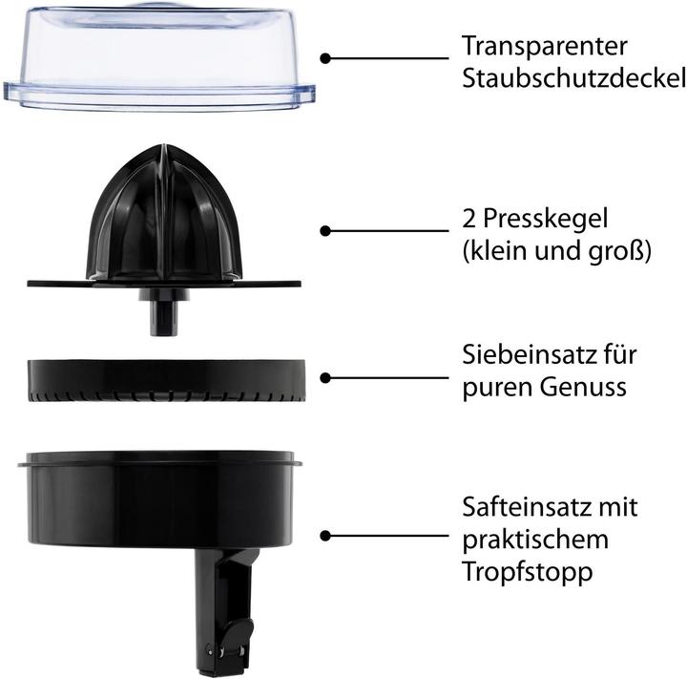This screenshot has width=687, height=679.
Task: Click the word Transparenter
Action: click(x=545, y=46)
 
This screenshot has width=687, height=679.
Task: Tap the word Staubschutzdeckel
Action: click(x=574, y=78)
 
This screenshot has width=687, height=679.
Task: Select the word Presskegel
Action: click(x=546, y=219)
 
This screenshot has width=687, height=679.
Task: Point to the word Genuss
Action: click(x=583, y=388)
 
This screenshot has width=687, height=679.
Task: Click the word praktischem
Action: click(x=535, y=540)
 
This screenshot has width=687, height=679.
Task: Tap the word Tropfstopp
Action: click(x=528, y=572)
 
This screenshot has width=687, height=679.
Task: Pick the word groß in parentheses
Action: click(x=616, y=252)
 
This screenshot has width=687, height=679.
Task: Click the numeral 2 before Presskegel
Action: click(x=468, y=219)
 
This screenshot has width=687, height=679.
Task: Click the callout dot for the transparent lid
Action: click(x=325, y=58)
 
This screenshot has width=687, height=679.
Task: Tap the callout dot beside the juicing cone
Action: click(x=325, y=231)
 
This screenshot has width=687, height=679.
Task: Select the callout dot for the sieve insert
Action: click(x=325, y=377)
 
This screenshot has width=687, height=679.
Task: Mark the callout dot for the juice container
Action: click(x=325, y=536)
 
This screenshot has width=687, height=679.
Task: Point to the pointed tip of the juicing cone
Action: click(x=164, y=145)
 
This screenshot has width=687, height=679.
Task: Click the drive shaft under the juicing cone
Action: click(x=163, y=313)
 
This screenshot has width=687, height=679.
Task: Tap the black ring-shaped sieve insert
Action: click(x=166, y=380)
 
